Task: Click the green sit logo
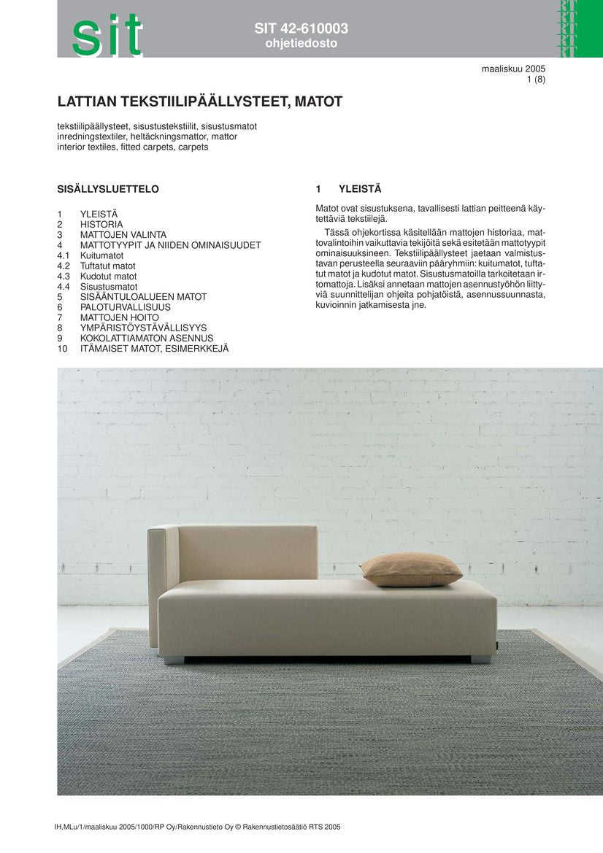[107, 34]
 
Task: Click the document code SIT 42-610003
[301, 29]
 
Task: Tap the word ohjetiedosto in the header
[301, 44]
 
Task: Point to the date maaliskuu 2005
[513, 69]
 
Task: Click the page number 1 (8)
[536, 80]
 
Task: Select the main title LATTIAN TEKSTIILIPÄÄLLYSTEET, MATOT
[200, 101]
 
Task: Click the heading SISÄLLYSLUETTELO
[108, 189]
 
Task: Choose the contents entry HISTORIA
[101, 225]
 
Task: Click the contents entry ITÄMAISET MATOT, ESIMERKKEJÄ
[154, 349]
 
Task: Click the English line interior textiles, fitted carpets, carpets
[133, 147]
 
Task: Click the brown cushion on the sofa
[411, 569]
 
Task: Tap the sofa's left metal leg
[174, 660]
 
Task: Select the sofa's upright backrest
[247, 552]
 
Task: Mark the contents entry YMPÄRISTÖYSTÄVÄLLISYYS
[143, 328]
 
